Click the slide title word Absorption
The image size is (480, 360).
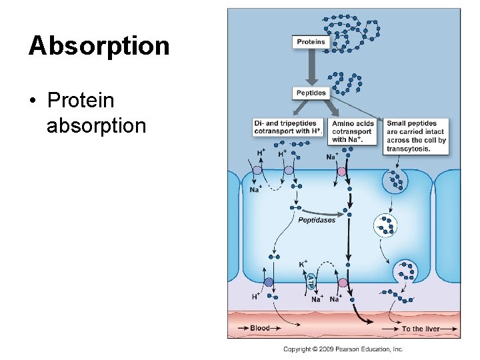tap(99, 46)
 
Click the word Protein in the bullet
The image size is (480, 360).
tap(81, 101)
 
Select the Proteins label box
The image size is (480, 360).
tap(311, 42)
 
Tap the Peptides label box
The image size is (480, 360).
tap(311, 93)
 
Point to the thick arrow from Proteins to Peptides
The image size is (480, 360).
tap(311, 67)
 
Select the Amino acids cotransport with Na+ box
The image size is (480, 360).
tap(353, 131)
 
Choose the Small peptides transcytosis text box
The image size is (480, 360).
tap(416, 136)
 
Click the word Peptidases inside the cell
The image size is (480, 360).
tap(317, 220)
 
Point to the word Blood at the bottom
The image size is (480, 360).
tap(260, 328)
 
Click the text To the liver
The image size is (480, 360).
tap(420, 329)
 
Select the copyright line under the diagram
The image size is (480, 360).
tap(343, 349)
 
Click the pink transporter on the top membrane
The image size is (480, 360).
tap(342, 172)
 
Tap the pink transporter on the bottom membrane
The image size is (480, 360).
tap(343, 283)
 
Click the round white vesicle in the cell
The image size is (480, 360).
tap(385, 226)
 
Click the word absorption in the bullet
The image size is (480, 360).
tap(96, 125)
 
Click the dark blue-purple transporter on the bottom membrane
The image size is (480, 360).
tap(268, 283)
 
